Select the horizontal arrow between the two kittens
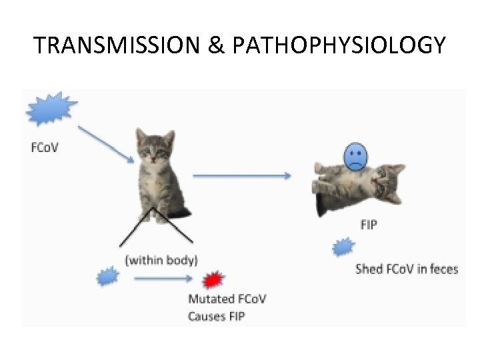point(242,176)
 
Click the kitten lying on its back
point(357,187)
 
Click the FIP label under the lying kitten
point(369,225)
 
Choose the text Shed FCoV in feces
point(407,269)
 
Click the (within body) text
point(161,259)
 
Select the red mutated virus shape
point(213,279)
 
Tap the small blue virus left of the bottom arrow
point(107,276)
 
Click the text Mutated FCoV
point(231,299)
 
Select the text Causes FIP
point(217,316)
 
